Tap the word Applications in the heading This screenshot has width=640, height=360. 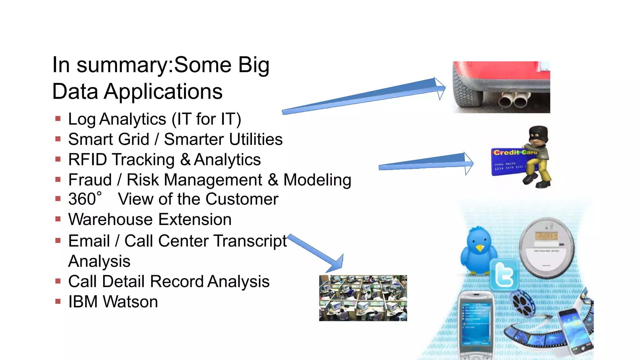click(x=163, y=92)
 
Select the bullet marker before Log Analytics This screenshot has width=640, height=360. click(x=58, y=119)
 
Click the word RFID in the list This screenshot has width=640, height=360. click(x=88, y=160)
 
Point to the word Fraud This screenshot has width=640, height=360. click(x=90, y=180)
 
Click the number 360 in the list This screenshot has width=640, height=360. click(x=82, y=199)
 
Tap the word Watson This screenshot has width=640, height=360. click(x=130, y=302)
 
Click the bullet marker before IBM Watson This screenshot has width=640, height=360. click(x=58, y=302)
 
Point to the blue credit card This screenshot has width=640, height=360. click(x=509, y=162)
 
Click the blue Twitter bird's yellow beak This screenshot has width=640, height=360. click(x=479, y=248)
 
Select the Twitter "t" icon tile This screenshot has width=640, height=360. click(x=504, y=275)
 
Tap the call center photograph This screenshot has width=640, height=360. click(x=363, y=298)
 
